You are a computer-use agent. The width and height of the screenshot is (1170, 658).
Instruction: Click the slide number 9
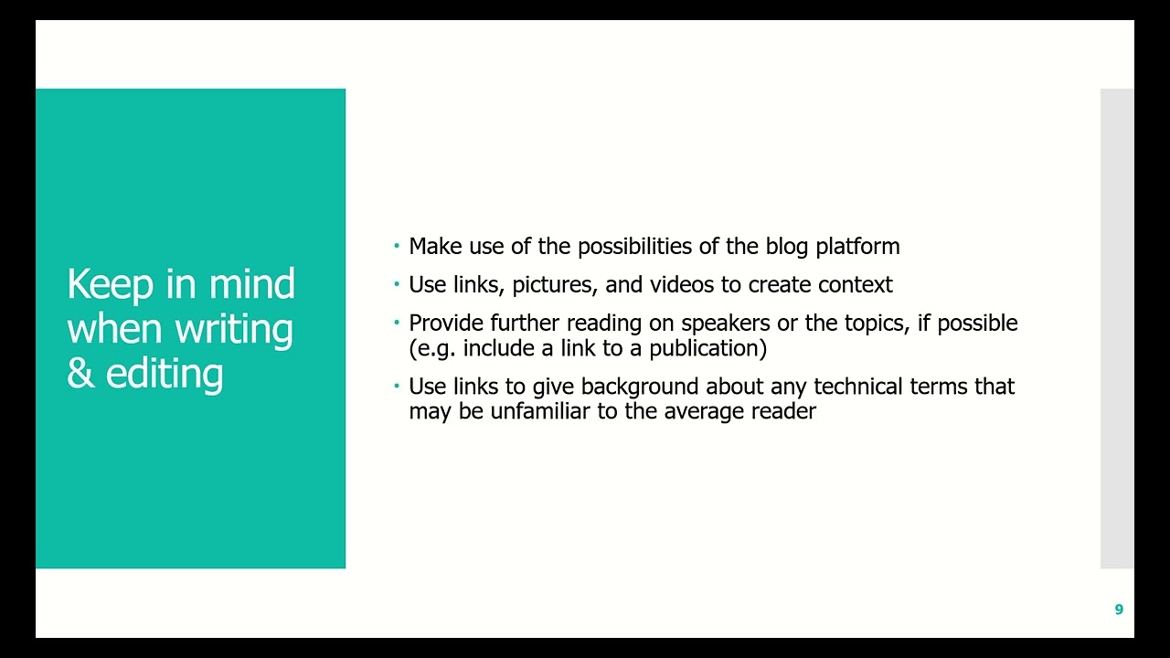pyautogui.click(x=1119, y=610)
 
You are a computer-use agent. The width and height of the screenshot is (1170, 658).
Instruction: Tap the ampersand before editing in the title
pyautogui.click(x=81, y=373)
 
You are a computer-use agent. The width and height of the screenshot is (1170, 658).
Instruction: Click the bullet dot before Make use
pyautogui.click(x=397, y=246)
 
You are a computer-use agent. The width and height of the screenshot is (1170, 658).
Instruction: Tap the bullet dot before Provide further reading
pyautogui.click(x=397, y=323)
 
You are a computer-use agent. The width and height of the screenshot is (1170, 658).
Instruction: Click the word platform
pyautogui.click(x=857, y=248)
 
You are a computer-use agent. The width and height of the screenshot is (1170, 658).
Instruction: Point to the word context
pyautogui.click(x=856, y=285)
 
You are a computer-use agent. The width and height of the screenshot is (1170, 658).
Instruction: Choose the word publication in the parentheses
pyautogui.click(x=707, y=349)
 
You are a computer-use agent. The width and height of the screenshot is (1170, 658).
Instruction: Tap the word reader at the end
pyautogui.click(x=783, y=411)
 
